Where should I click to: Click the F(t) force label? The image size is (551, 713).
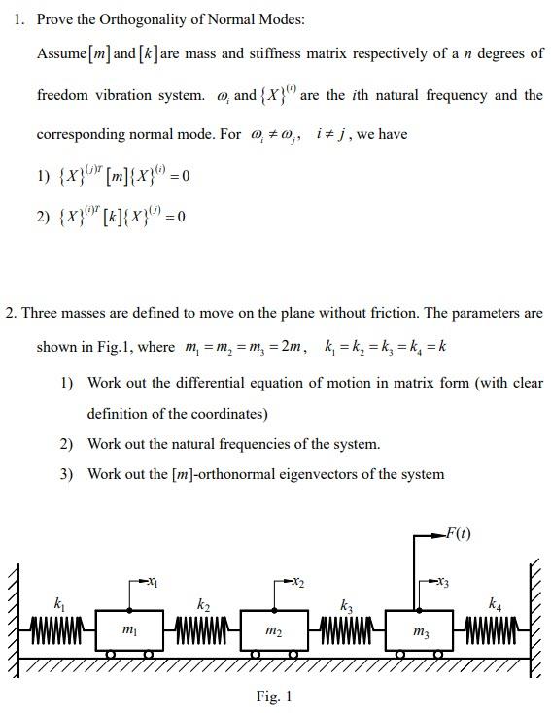[458, 535]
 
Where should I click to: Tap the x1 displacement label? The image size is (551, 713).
[153, 581]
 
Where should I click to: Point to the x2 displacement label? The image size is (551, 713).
[297, 581]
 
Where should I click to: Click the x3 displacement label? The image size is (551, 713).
[442, 581]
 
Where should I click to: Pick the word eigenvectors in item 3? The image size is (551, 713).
[330, 474]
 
